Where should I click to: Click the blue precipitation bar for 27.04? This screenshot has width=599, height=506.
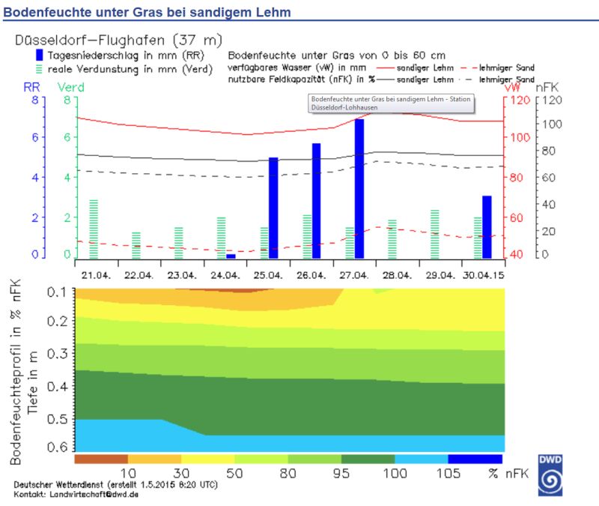(x=359, y=187)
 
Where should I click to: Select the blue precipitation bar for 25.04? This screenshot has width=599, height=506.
(x=273, y=207)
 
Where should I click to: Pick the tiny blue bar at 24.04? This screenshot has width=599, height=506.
(x=231, y=256)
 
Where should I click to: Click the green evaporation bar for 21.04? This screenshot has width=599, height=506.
(x=94, y=229)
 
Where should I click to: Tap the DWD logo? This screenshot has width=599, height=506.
(x=551, y=475)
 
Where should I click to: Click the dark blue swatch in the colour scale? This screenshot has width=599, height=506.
(x=475, y=459)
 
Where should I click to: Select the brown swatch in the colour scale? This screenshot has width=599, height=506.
(x=101, y=459)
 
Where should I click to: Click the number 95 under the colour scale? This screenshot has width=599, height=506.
(x=340, y=474)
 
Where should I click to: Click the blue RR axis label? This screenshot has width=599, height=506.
(x=31, y=87)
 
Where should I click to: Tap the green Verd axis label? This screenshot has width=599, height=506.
(x=70, y=87)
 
